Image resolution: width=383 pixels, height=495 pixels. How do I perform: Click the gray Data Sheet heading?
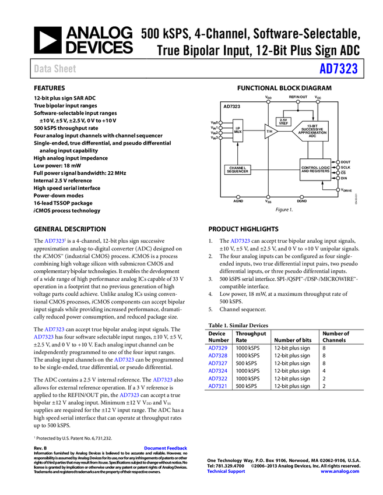[x=55, y=69]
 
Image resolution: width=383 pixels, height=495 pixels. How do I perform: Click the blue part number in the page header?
[x=338, y=69]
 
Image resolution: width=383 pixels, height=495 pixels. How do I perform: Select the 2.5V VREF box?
[x=283, y=122]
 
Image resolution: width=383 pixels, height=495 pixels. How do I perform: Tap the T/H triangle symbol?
[x=270, y=131]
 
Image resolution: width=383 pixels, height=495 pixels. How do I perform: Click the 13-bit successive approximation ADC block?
[x=311, y=131]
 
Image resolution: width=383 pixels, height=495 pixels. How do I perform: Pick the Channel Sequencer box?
[x=237, y=169]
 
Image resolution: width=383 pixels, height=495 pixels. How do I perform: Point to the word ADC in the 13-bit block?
[x=312, y=136]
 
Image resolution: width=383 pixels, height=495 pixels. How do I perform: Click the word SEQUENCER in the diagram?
[x=237, y=172]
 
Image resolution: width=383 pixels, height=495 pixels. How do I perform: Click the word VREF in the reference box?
[x=283, y=123]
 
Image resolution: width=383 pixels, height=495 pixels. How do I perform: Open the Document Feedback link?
[x=166, y=448]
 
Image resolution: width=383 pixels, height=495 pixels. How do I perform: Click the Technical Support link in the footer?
[x=226, y=472]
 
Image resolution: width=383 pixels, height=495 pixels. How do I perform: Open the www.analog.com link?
[x=340, y=472]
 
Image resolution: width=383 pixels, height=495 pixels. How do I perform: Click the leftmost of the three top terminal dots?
[x=268, y=102]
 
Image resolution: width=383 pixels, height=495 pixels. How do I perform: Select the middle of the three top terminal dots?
[x=298, y=102]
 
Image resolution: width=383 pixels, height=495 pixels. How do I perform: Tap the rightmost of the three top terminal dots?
[x=318, y=102]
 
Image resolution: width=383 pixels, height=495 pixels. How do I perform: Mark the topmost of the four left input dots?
[x=220, y=122]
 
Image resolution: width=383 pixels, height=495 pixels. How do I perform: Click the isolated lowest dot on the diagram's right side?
[x=338, y=190]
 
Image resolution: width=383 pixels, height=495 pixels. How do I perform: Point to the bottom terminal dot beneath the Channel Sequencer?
[x=238, y=197]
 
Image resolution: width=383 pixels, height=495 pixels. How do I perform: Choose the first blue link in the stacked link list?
[x=217, y=348]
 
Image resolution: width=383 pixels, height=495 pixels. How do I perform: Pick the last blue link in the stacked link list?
[x=217, y=386]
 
